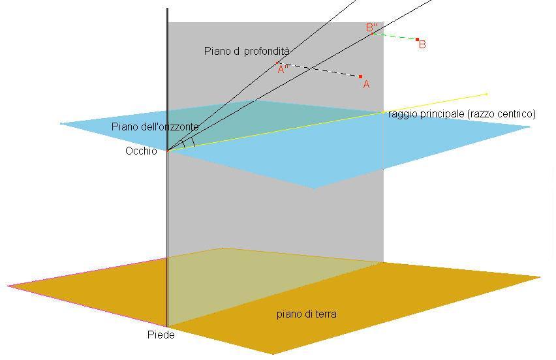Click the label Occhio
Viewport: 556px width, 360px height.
point(141,151)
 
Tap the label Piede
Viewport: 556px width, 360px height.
point(161,335)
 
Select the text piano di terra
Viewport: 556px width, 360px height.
point(307,314)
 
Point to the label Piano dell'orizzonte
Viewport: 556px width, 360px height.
point(155,127)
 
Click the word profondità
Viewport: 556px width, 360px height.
point(267,51)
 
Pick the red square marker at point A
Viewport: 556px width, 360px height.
point(361,76)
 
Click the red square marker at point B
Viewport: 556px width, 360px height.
point(418,39)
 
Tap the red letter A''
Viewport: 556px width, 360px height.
point(283,70)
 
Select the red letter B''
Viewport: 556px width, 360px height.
point(371,27)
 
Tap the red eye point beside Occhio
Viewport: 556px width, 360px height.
point(168,151)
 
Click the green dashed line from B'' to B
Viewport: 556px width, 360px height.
point(395,37)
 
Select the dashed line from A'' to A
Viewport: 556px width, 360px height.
point(318,70)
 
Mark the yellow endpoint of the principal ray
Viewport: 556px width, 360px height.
point(487,95)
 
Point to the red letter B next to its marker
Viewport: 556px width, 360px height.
point(422,44)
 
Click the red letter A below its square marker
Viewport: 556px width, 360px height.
point(366,84)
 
